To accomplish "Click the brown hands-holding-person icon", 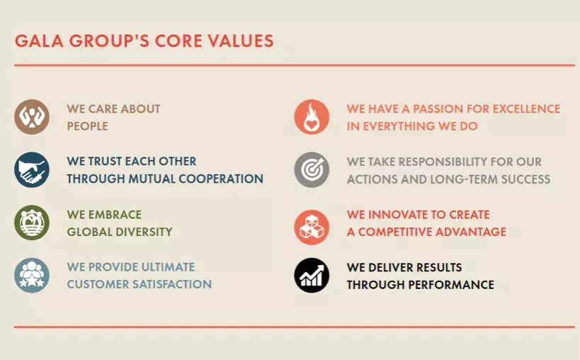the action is click(x=32, y=117).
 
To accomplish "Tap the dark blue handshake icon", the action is click(x=32, y=170).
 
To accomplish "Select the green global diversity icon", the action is click(x=32, y=223).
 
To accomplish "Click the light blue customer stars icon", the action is click(x=32, y=276).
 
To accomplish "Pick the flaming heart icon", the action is click(x=312, y=117).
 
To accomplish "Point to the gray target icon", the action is click(x=312, y=170).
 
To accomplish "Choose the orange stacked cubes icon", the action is click(x=312, y=227).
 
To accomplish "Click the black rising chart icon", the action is click(x=312, y=276).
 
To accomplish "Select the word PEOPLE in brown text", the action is click(x=88, y=126).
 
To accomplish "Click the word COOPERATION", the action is click(x=221, y=179).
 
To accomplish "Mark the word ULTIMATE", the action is click(x=168, y=266).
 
